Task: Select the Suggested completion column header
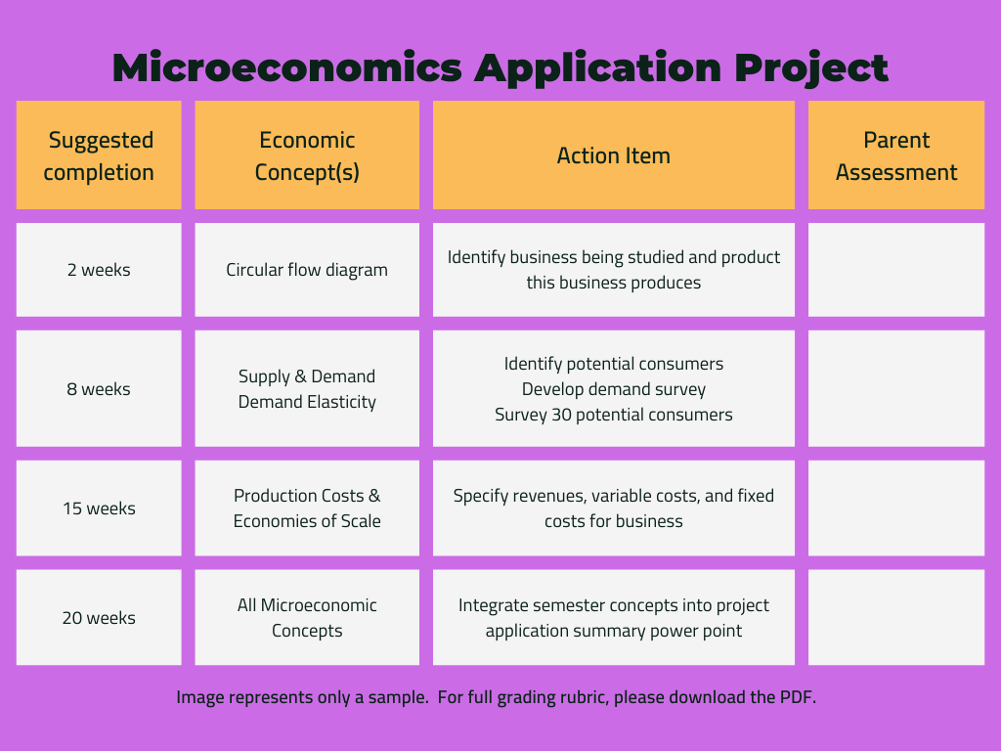point(99,155)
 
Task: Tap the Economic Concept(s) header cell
point(307,155)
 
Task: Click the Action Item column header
point(613,155)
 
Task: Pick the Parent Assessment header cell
point(895,155)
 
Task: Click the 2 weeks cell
point(99,270)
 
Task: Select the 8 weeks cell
point(99,389)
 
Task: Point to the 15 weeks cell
point(99,508)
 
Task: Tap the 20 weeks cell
point(99,618)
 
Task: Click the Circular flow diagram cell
point(307,270)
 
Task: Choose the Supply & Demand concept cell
point(307,376)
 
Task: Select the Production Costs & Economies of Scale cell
point(307,508)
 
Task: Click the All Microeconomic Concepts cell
point(307,618)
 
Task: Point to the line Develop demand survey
point(613,389)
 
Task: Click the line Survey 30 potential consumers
point(613,415)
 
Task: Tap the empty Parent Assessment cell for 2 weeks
point(895,270)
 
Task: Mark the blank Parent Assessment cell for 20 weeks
point(895,618)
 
